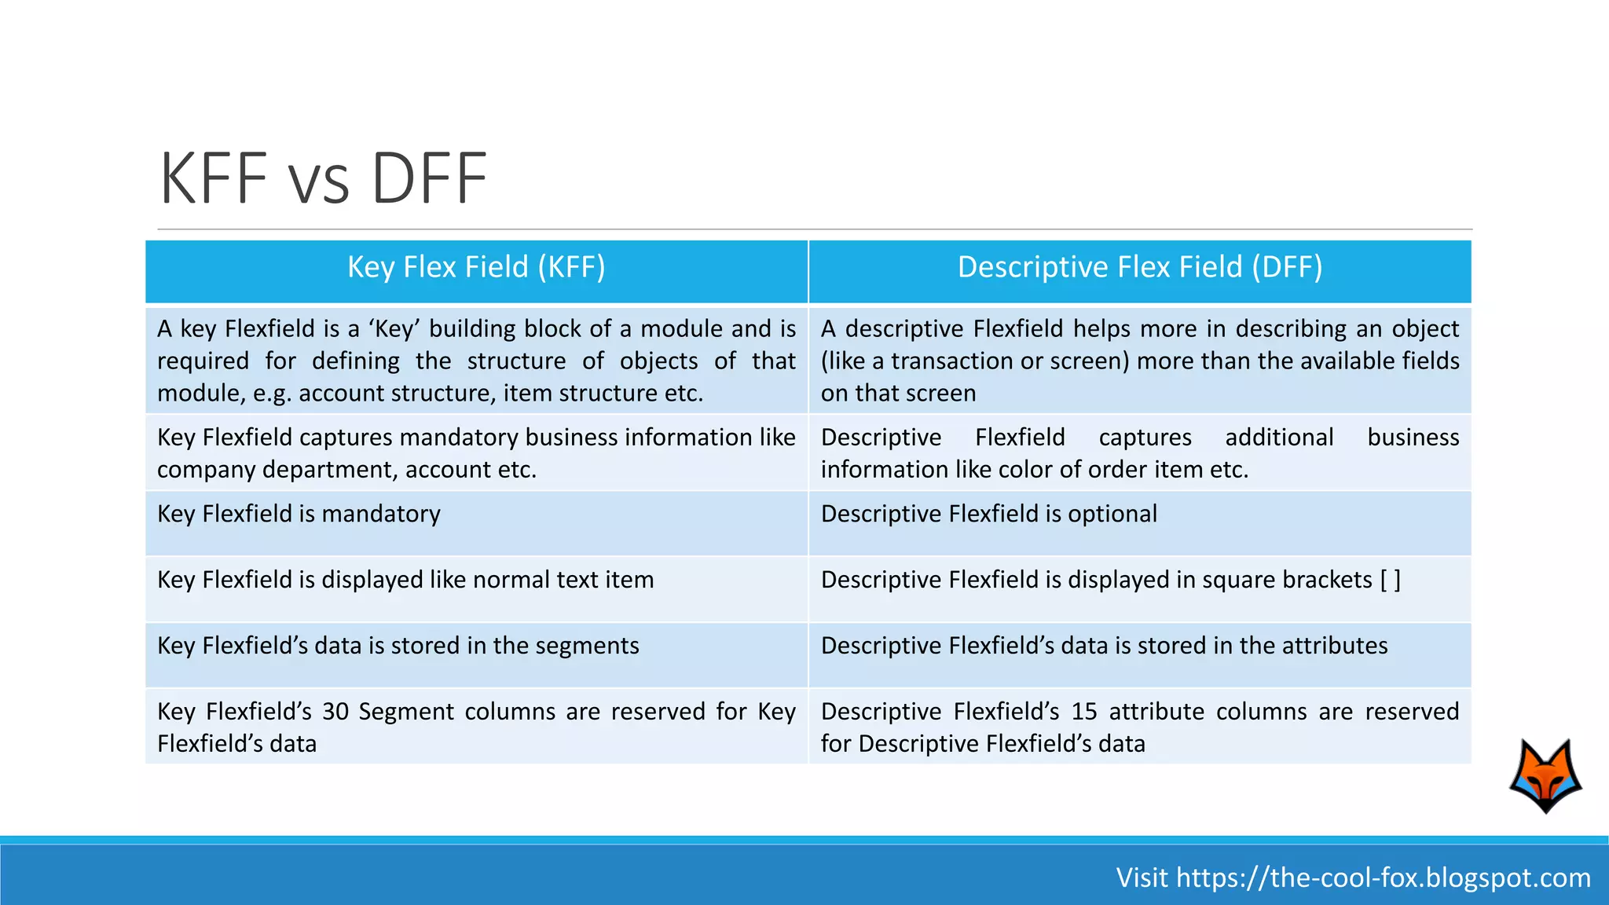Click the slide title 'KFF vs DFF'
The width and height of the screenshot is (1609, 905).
click(x=323, y=178)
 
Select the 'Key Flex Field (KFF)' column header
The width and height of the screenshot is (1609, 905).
click(x=476, y=267)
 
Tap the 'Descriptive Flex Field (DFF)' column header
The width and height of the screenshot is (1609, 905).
click(x=1139, y=267)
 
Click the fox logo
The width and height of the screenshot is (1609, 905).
click(x=1545, y=775)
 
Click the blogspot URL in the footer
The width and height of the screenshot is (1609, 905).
click(x=1384, y=878)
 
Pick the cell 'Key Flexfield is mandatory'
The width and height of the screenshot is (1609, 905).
click(x=299, y=514)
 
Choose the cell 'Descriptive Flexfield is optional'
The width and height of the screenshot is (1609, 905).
click(x=988, y=514)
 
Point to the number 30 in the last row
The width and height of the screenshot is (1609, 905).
click(x=335, y=712)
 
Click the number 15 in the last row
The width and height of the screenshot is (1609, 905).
click(x=1084, y=712)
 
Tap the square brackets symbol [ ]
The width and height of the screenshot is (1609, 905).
click(x=1390, y=580)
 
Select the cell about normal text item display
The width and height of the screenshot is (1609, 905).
click(x=405, y=580)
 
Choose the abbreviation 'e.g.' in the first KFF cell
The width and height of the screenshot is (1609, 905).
click(x=272, y=394)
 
